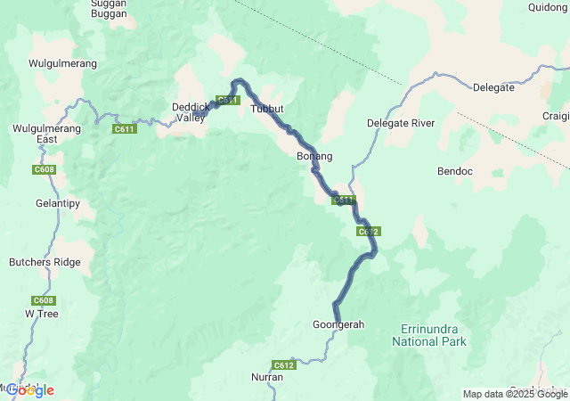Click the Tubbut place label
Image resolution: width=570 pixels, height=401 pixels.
tap(267, 109)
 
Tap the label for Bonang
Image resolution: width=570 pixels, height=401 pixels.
tap(313, 156)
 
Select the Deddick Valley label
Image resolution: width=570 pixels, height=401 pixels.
tap(189, 112)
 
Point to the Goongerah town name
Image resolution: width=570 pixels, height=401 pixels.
tap(338, 324)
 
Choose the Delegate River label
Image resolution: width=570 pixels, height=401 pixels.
tap(401, 123)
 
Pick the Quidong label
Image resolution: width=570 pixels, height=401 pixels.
tap(547, 7)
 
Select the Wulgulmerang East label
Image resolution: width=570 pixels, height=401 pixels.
tap(36, 134)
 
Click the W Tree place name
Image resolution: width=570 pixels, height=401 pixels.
tap(42, 314)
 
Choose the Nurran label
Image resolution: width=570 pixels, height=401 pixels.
tap(267, 377)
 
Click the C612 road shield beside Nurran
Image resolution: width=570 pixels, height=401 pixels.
tap(283, 364)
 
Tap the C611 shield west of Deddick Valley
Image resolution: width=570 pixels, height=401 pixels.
tap(125, 129)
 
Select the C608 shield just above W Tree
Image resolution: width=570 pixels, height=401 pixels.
tap(43, 300)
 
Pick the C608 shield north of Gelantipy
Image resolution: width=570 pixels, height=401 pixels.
tap(43, 169)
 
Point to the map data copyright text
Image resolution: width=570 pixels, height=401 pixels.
tap(514, 394)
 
